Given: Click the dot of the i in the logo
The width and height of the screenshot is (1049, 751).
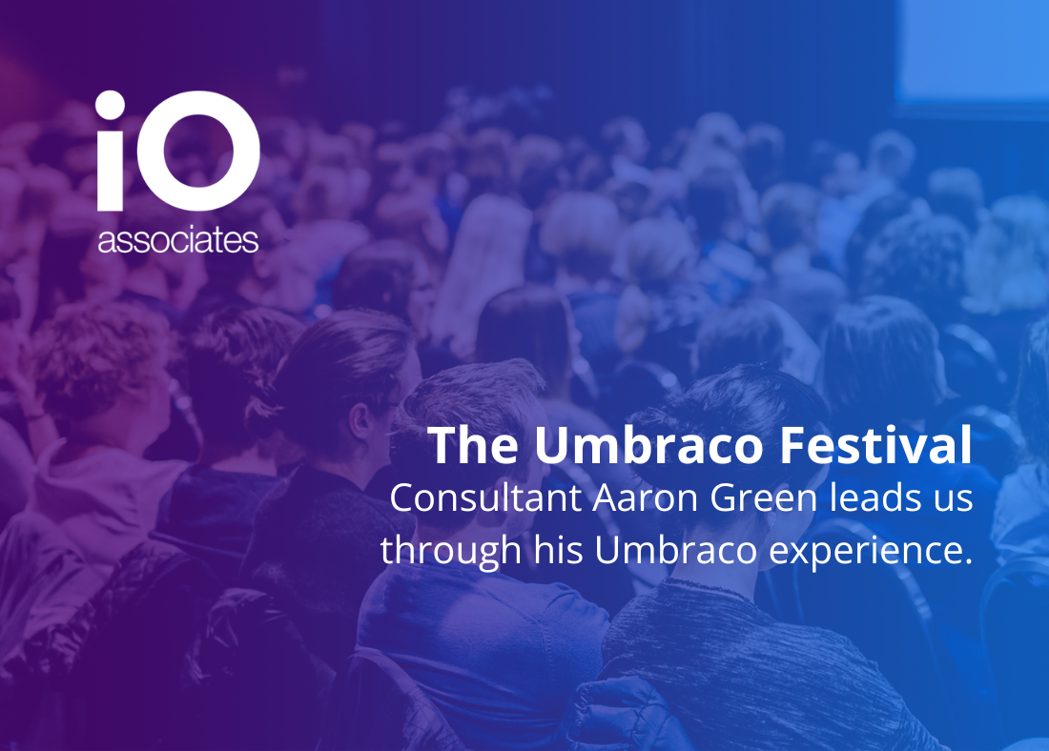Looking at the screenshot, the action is [x=111, y=106].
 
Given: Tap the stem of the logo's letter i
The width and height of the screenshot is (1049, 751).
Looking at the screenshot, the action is [x=111, y=171].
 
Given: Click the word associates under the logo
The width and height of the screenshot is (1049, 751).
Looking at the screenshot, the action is [x=178, y=241].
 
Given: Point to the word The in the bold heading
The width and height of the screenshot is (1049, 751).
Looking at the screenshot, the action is [x=473, y=445].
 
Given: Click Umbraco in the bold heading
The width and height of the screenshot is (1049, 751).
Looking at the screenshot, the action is [x=648, y=445].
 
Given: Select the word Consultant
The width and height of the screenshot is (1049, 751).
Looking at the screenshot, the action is [x=485, y=498].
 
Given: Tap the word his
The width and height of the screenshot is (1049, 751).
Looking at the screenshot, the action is [x=558, y=550].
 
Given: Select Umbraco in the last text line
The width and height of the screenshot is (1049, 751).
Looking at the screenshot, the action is [x=676, y=550].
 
